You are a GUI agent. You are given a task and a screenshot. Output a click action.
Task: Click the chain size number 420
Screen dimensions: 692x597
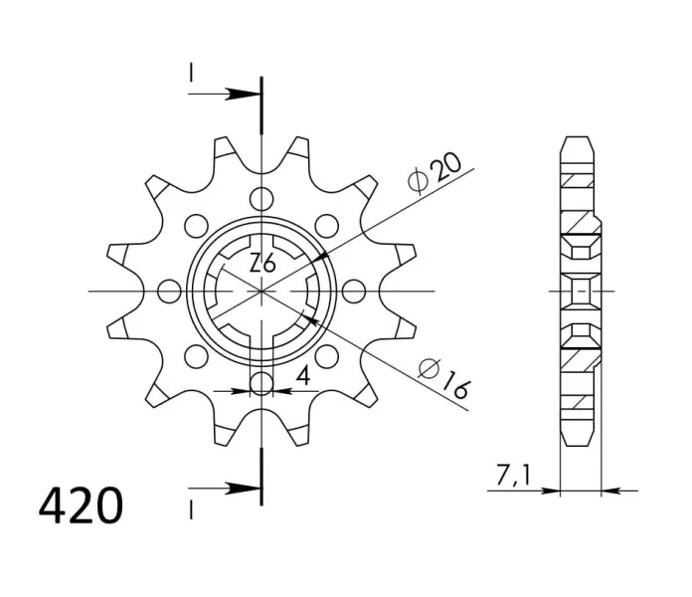[81, 505]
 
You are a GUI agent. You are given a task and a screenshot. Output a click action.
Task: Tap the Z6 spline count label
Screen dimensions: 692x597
[262, 263]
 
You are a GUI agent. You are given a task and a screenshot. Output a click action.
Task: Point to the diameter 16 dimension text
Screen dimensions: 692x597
[443, 379]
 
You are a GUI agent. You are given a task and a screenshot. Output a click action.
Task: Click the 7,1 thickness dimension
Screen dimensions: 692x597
[513, 476]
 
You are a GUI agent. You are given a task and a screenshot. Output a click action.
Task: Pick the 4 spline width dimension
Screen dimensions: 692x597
[303, 376]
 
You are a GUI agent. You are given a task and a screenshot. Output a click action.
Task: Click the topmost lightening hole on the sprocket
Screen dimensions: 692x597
[261, 199]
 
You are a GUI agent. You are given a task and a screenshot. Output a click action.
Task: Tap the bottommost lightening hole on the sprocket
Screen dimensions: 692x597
[261, 384]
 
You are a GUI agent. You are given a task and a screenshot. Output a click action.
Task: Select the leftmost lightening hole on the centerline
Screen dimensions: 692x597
[169, 292]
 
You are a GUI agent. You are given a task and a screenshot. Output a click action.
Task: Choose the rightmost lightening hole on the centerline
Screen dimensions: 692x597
[354, 292]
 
